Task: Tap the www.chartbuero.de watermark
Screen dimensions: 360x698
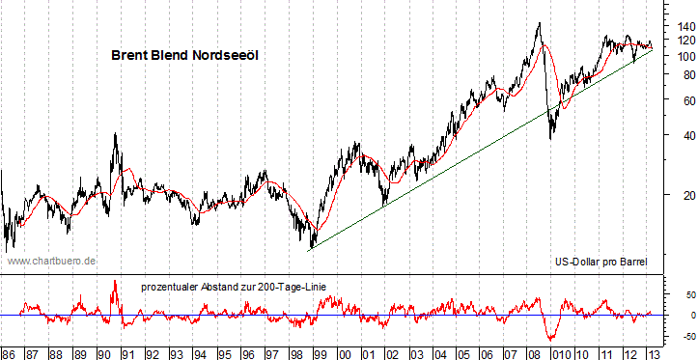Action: [x=51, y=261]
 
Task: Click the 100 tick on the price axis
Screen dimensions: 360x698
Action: [x=680, y=56]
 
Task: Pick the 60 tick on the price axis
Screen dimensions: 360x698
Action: [x=680, y=100]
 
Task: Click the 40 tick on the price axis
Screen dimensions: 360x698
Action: [x=680, y=136]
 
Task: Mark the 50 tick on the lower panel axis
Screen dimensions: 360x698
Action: [x=680, y=293]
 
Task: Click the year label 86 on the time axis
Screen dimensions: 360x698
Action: [x=8, y=352]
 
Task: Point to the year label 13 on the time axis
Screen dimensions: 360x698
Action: [x=655, y=352]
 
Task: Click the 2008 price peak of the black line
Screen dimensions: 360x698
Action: [x=538, y=22]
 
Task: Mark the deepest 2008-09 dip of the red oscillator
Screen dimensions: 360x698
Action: [x=551, y=339]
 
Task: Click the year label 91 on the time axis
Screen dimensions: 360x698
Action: [x=127, y=352]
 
